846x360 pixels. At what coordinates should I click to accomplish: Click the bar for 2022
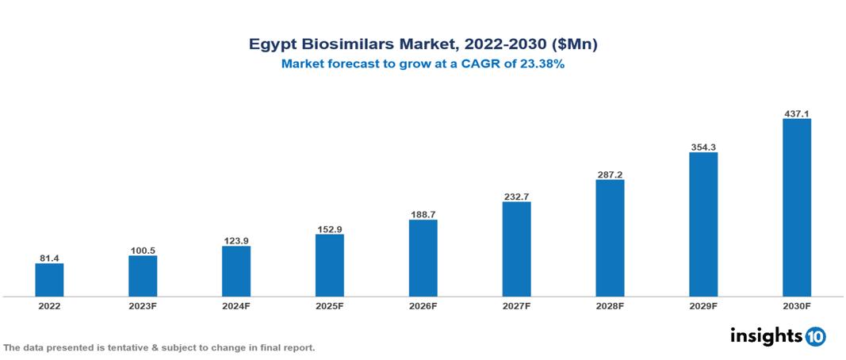point(49,280)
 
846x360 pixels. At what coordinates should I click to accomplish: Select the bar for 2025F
point(330,266)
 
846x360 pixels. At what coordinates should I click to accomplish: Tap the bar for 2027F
point(516,249)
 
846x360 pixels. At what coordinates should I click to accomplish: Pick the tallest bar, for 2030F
point(797,208)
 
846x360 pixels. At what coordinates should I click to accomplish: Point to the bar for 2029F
point(703,224)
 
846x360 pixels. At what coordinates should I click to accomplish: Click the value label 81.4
point(49,259)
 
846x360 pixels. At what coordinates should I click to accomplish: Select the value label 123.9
point(236,241)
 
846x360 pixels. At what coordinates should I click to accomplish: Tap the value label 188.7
point(423,215)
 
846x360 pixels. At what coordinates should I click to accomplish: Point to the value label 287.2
point(610,174)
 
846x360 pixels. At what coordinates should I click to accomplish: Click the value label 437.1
point(797,113)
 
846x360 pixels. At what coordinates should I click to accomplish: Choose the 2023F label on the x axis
point(143,305)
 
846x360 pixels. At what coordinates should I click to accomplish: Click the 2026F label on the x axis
point(423,305)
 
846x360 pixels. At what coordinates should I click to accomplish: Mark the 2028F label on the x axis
point(610,305)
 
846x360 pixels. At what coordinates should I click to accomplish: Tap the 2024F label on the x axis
point(236,305)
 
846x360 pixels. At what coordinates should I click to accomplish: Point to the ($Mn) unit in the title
point(574,45)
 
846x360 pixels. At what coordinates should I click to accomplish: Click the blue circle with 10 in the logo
point(815,337)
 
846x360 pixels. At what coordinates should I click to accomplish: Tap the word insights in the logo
point(765,335)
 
